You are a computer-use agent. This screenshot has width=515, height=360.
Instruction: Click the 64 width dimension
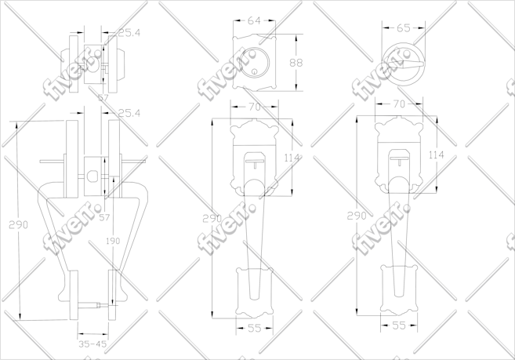[254, 21]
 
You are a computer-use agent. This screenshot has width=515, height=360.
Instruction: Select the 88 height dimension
[296, 63]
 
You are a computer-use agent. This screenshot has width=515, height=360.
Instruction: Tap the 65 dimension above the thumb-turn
[403, 27]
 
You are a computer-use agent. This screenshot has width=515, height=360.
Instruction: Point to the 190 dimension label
[113, 241]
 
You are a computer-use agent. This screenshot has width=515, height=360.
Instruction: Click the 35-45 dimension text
[92, 344]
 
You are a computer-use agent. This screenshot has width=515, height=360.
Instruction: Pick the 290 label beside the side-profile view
[18, 224]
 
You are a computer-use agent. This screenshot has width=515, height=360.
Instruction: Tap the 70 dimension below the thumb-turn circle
[398, 104]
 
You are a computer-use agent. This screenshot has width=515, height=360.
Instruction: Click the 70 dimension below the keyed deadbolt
[253, 107]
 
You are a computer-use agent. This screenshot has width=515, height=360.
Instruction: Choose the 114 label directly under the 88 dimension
[292, 158]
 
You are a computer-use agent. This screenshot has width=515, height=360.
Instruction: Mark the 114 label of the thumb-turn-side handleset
[436, 155]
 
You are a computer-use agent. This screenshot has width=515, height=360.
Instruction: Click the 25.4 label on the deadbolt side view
[128, 33]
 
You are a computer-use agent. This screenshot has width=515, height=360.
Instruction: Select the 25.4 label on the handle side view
[129, 113]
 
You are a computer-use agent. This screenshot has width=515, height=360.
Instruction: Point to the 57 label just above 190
[103, 216]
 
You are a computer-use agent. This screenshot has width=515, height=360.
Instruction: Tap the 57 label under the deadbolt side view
[103, 97]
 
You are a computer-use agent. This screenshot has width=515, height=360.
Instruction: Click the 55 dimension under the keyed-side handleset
[253, 329]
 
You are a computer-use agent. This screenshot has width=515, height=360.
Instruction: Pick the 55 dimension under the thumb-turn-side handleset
[398, 325]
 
